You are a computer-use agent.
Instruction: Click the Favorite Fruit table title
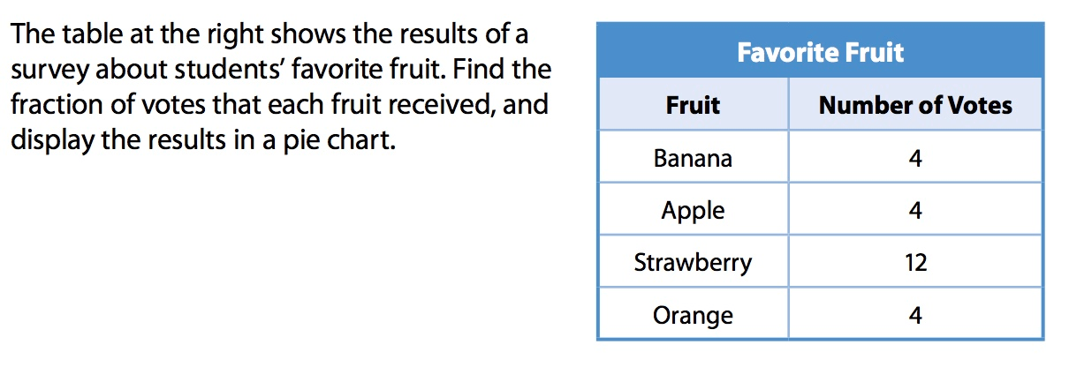821,52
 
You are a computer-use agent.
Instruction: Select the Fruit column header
693,105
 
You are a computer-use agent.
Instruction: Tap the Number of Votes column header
915,105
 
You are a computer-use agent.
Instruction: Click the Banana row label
693,158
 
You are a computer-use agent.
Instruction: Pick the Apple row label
693,211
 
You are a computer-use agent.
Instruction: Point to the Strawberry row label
693,263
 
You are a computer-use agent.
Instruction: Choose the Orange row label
693,316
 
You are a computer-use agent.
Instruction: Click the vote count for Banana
915,158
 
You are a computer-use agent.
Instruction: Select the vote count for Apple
915,211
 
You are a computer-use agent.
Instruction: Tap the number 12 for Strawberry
916,263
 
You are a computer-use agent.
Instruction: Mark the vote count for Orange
915,316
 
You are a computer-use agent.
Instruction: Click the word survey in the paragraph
49,71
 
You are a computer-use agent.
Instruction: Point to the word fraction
57,104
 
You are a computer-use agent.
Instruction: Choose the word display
52,141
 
